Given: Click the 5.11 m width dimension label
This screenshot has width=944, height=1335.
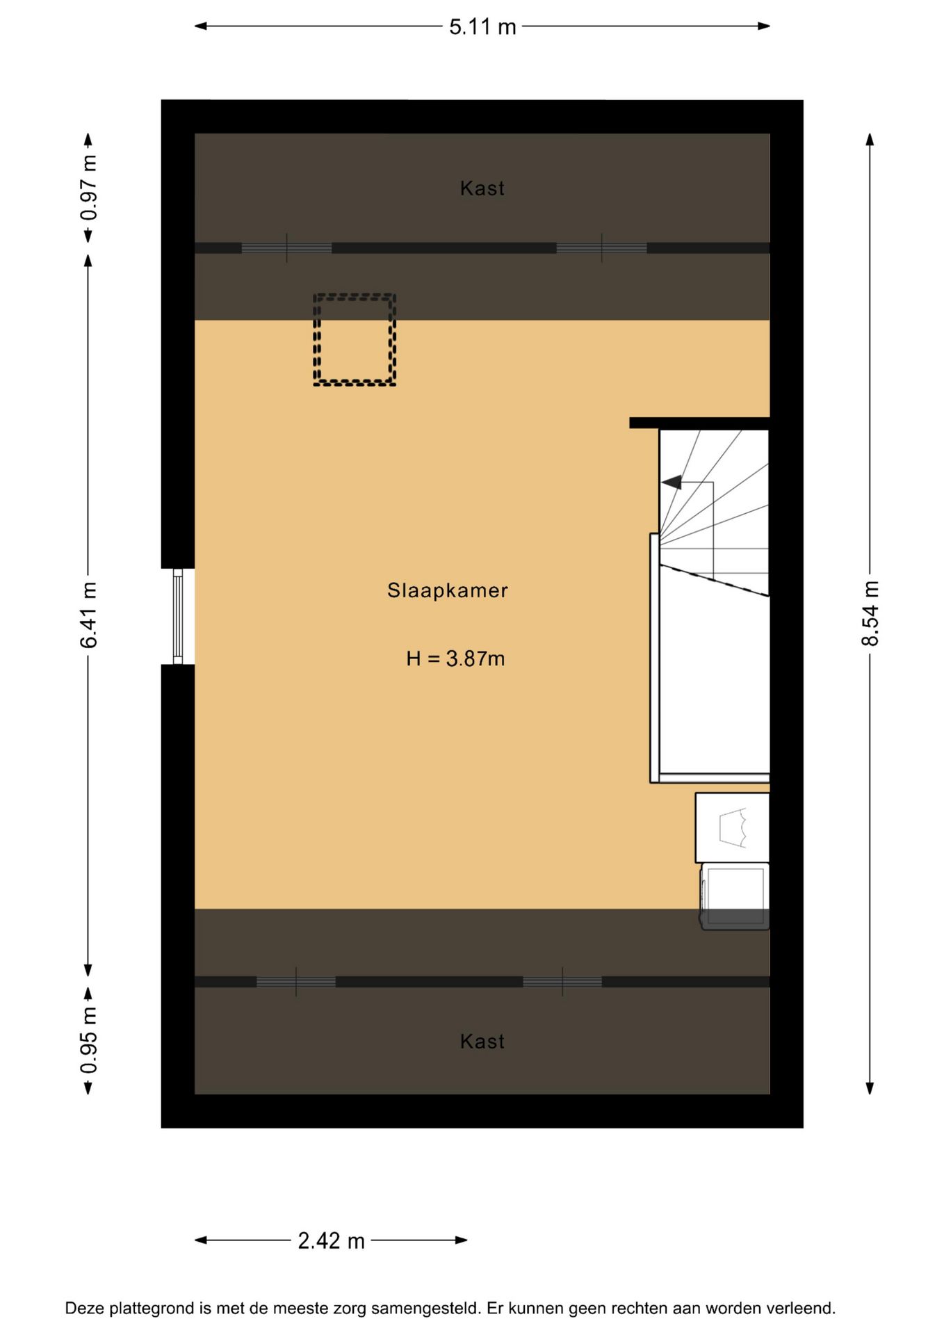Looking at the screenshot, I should pyautogui.click(x=482, y=27).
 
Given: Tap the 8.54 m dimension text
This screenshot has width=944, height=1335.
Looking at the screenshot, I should pyautogui.click(x=870, y=614).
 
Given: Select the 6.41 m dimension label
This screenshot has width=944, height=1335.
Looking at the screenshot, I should pyautogui.click(x=89, y=615).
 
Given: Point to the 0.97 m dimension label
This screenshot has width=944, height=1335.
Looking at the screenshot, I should pyautogui.click(x=89, y=188).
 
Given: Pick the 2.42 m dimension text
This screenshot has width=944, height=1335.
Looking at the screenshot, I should pyautogui.click(x=331, y=1241).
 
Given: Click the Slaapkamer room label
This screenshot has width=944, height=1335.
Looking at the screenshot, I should pyautogui.click(x=447, y=591).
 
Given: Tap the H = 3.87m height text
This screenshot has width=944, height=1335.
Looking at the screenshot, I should pyautogui.click(x=455, y=658).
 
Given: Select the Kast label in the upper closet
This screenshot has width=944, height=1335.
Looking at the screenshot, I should pyautogui.click(x=482, y=188).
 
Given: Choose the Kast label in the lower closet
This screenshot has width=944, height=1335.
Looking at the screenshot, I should pyautogui.click(x=482, y=1042).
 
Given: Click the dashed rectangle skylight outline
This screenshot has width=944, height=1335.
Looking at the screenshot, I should pyautogui.click(x=355, y=339).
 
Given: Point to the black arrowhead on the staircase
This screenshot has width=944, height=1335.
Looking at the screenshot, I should pyautogui.click(x=672, y=482).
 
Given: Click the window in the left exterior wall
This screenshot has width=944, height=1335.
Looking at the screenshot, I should pyautogui.click(x=178, y=616).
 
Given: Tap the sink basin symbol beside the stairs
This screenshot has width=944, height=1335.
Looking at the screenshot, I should pyautogui.click(x=733, y=827).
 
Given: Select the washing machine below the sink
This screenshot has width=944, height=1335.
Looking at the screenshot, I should pyautogui.click(x=735, y=896).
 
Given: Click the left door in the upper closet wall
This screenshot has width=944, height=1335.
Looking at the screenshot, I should pyautogui.click(x=286, y=248).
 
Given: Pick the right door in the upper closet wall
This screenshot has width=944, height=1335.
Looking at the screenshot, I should pyautogui.click(x=601, y=248).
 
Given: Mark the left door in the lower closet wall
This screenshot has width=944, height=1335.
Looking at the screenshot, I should pyautogui.click(x=296, y=982).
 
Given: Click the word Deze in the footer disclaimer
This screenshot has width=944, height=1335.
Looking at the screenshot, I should pyautogui.click(x=85, y=1309).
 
